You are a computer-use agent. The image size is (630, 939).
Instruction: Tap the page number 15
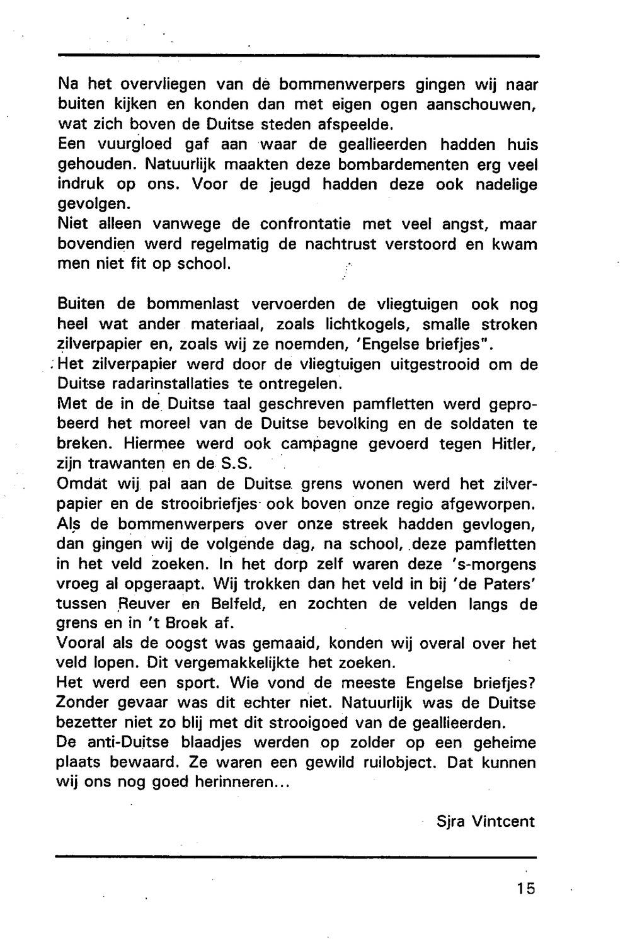click(524, 889)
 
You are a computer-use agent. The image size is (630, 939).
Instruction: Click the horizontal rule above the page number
click(296, 857)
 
